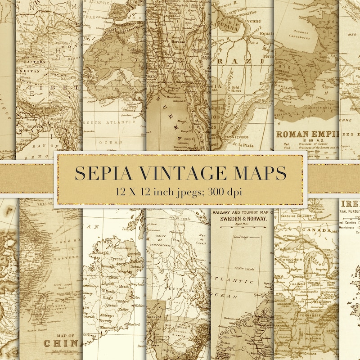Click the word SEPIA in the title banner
click(x=100, y=173)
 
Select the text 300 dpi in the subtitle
click(x=225, y=191)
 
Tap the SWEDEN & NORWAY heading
click(x=243, y=219)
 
